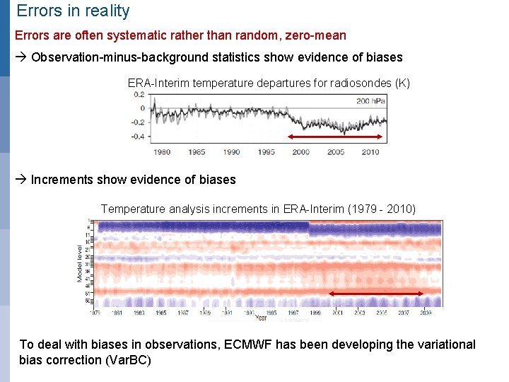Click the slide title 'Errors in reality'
[x=73, y=11]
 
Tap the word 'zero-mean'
[x=316, y=35]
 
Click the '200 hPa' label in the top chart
[x=372, y=101]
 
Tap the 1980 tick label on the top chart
[x=162, y=151]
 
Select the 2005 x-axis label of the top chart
[x=335, y=151]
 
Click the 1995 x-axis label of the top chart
[x=266, y=151]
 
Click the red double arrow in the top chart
[x=336, y=138]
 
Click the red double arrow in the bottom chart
[x=377, y=293]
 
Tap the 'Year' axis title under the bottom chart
[x=262, y=318]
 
